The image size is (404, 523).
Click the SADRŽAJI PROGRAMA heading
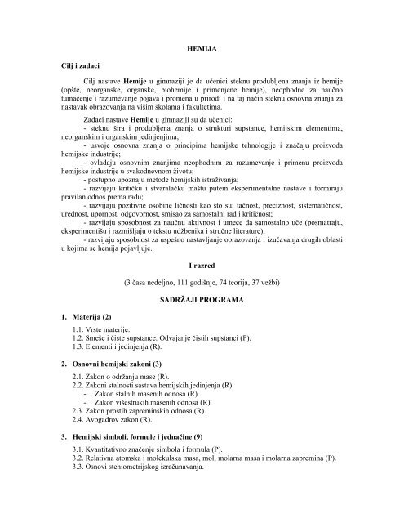(x=202, y=302)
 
